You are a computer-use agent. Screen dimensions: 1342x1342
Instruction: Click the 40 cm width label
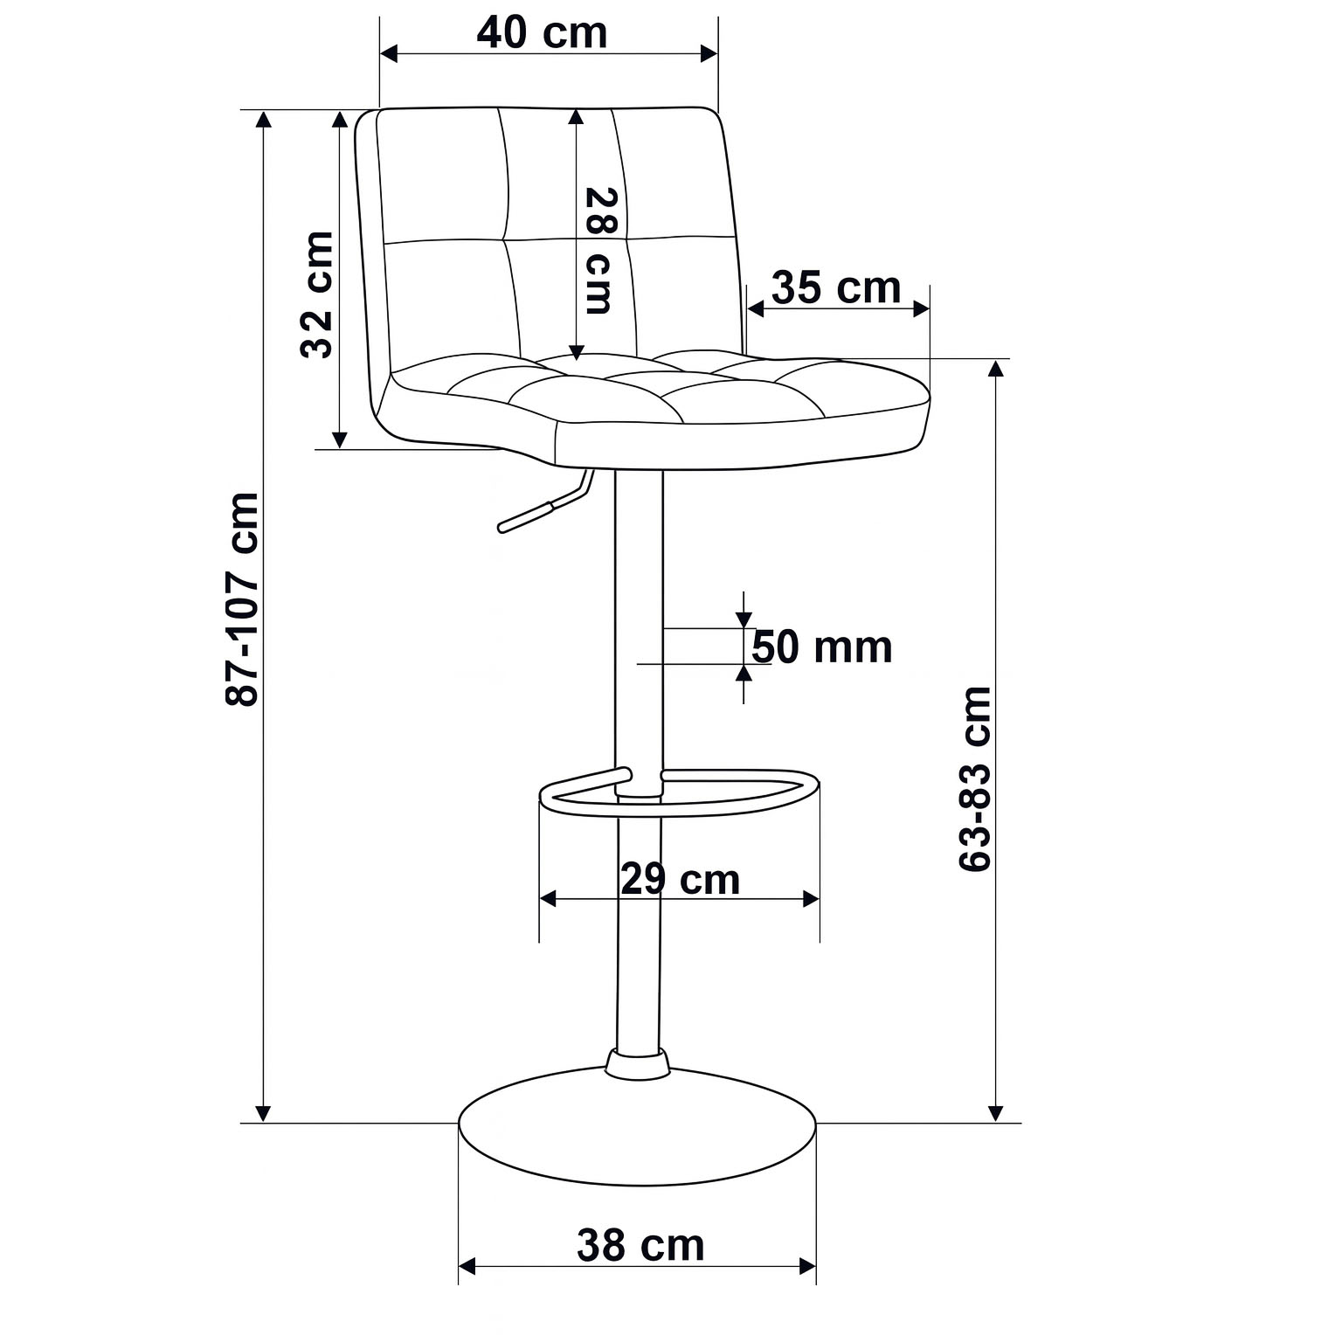click(x=542, y=33)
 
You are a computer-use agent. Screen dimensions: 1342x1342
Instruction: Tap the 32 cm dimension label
click(x=317, y=294)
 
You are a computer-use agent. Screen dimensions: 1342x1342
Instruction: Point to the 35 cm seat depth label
click(x=836, y=287)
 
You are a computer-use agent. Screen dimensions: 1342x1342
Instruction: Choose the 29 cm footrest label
click(x=681, y=879)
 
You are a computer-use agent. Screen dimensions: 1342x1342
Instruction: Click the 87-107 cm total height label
click(x=242, y=599)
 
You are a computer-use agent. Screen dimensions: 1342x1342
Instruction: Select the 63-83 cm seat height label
click(x=975, y=778)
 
